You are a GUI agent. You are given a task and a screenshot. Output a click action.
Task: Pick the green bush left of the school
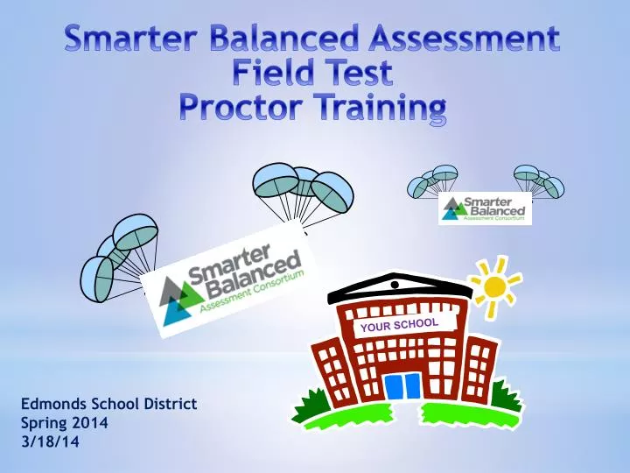[x=306, y=406]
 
